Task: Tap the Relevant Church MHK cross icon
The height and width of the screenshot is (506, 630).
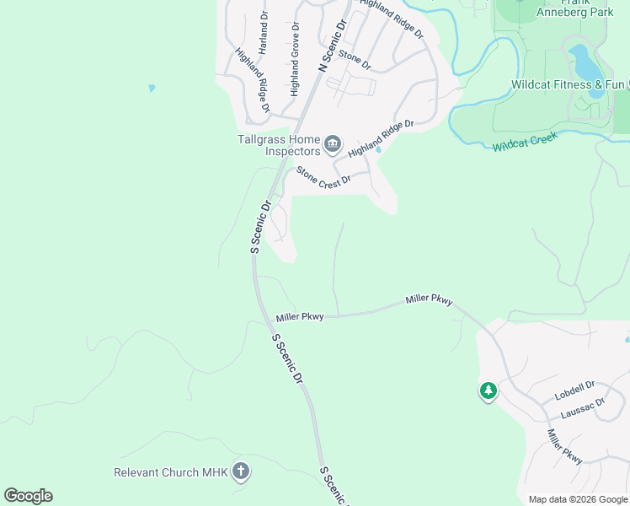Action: coord(240,471)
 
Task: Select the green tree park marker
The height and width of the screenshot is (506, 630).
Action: coord(488,391)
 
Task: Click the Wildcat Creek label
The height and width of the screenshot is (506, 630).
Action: coord(526,141)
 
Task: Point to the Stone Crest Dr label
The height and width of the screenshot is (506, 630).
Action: coord(323,179)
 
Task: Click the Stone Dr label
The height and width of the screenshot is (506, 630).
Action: coord(355,60)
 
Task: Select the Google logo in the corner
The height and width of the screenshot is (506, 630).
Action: coord(28,496)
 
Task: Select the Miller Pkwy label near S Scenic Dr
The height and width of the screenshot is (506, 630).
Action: coord(300,317)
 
